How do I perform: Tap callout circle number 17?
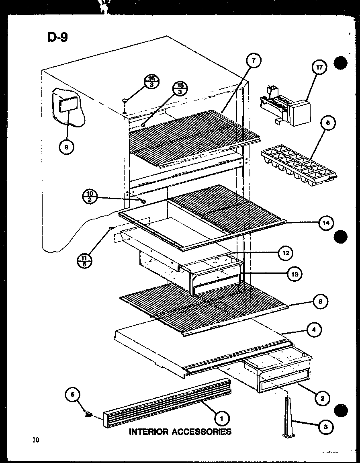coord(319,68)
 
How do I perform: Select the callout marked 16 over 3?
coord(152,82)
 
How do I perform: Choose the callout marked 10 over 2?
coord(89,197)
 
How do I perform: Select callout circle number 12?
coord(285,253)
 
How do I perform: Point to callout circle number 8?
coord(320,301)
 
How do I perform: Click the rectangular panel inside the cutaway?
coord(65,105)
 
